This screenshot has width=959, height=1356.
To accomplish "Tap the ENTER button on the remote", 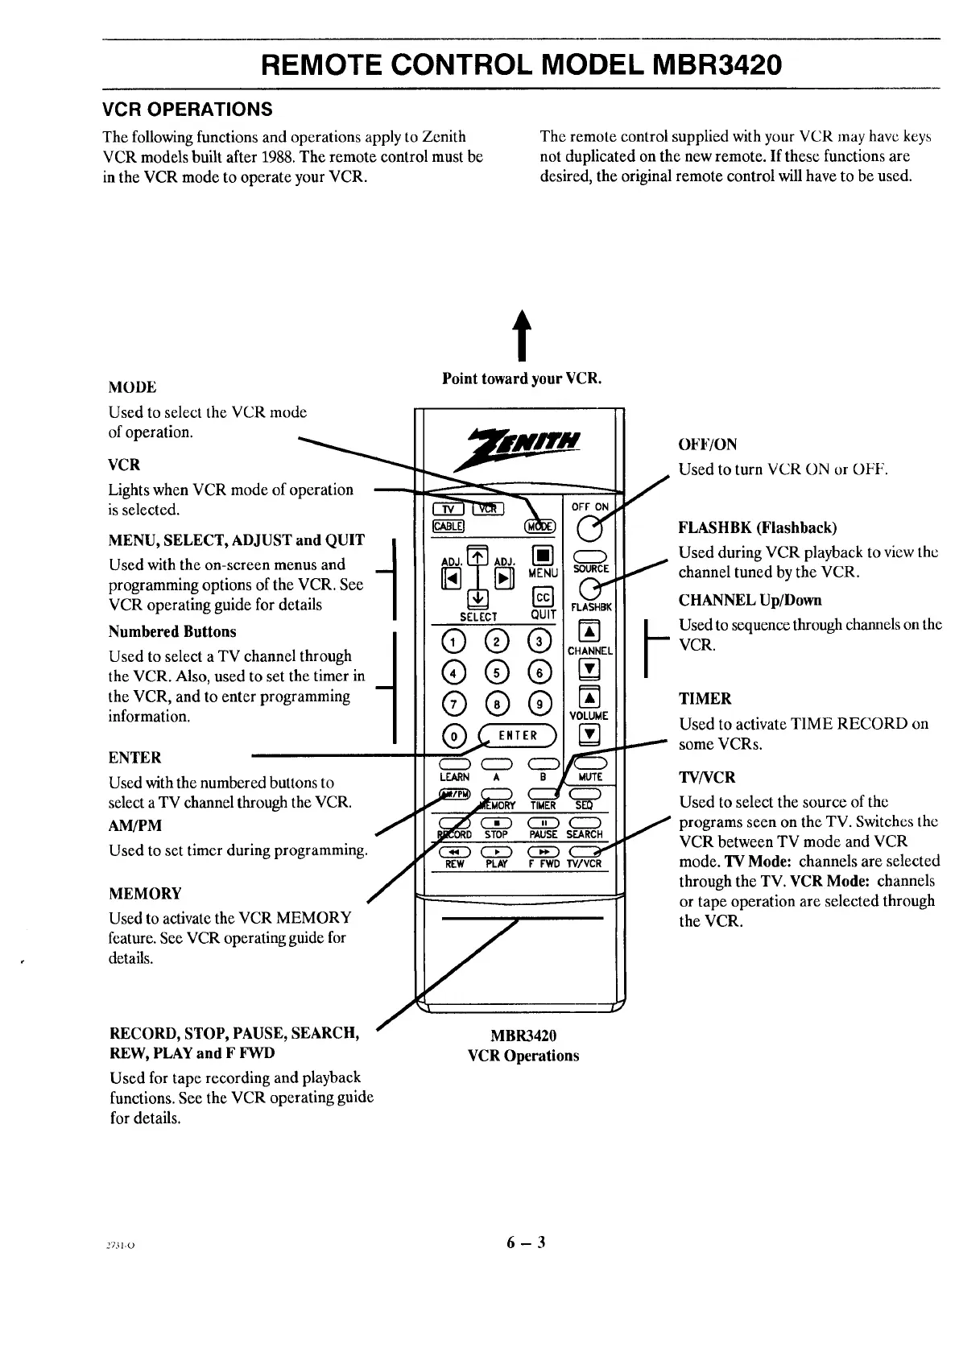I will pos(518,735).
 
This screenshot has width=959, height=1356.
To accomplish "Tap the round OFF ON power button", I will pos(590,530).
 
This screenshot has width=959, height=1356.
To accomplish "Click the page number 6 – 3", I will pos(526,1242).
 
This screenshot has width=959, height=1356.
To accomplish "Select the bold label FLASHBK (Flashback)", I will pos(758,528).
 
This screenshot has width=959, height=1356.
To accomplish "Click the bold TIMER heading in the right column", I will pos(705,698).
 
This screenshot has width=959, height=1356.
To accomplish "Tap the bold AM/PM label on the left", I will pos(134,825).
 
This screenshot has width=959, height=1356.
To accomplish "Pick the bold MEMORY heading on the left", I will pos(145,893).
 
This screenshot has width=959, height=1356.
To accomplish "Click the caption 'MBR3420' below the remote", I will pos(523,1036).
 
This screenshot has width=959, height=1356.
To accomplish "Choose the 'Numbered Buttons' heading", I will pos(172,631).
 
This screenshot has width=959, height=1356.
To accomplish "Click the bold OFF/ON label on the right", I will pos(707,444).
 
